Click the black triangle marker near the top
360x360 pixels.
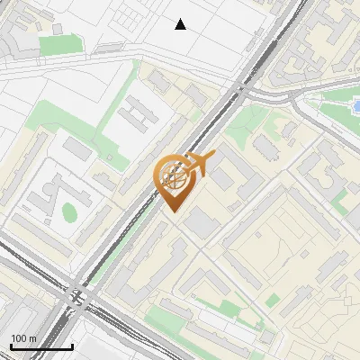click(x=181, y=24)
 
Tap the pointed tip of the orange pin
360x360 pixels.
click(x=173, y=211)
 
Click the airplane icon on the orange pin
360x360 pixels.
click(x=201, y=163)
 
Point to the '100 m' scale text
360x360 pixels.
click(x=23, y=338)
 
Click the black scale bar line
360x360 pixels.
click(x=41, y=346)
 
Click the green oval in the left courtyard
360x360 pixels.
click(x=69, y=213)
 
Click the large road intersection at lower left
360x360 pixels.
click(x=76, y=294)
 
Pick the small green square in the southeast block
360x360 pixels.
click(x=273, y=299)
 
